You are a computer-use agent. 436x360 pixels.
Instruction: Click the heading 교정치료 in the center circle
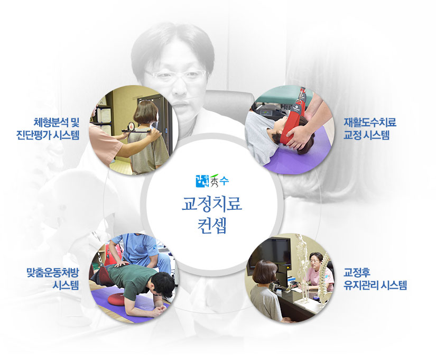pyautogui.click(x=212, y=204)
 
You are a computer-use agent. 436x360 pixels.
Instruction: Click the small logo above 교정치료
pyautogui.click(x=212, y=181)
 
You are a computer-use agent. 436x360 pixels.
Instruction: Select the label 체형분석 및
pyautogui.click(x=57, y=122)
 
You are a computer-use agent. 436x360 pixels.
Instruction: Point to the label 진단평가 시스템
pyautogui.click(x=48, y=135)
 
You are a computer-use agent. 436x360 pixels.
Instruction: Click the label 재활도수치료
pyautogui.click(x=370, y=122)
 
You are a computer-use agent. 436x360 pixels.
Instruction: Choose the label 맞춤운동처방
pyautogui.click(x=53, y=272)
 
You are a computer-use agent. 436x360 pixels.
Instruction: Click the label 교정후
pyautogui.click(x=357, y=272)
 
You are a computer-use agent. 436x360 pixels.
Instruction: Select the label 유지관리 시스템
pyautogui.click(x=375, y=285)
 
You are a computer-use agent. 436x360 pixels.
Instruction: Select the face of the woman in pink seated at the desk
pyautogui.click(x=314, y=262)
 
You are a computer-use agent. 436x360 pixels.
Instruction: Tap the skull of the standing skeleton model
pyautogui.click(x=300, y=239)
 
